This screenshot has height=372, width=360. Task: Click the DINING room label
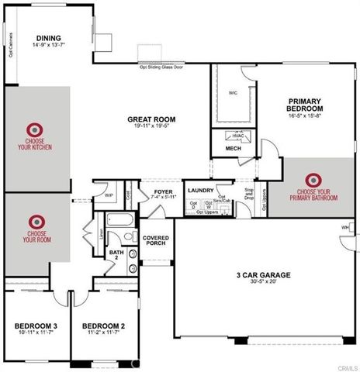pyautogui.click(x=48, y=38)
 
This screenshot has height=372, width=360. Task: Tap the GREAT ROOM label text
pyautogui.click(x=152, y=119)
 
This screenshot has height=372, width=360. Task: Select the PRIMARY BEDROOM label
pyautogui.click(x=310, y=105)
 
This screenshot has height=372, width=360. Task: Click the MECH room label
pyautogui.click(x=233, y=148)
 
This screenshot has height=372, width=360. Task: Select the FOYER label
pyautogui.click(x=163, y=191)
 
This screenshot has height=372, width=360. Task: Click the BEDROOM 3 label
pyautogui.click(x=35, y=326)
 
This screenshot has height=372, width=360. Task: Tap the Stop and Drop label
pyautogui.click(x=249, y=194)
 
